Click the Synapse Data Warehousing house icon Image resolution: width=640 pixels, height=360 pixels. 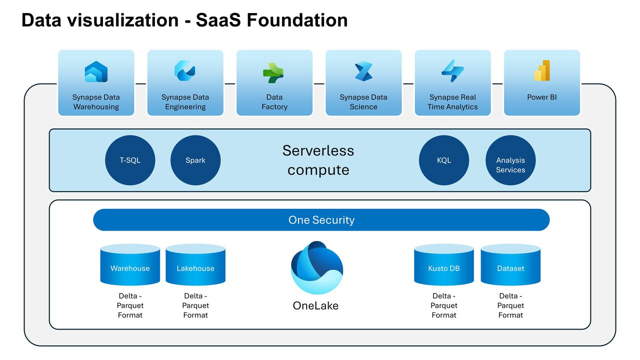tap(96, 71)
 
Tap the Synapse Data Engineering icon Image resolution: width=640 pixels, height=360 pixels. tap(185, 70)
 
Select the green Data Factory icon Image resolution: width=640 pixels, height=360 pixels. tap(273, 73)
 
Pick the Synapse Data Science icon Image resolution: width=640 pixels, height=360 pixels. tap(363, 71)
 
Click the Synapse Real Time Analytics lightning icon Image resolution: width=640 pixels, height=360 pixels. tap(452, 71)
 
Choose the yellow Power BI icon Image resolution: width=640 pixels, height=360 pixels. tap(542, 70)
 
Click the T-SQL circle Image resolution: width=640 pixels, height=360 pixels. tap(130, 160)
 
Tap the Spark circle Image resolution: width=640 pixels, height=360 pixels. tap(195, 160)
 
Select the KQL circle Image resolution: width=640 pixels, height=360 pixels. tap(444, 160)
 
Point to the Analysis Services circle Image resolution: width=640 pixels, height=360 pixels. tap(510, 160)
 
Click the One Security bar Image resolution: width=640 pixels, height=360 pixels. tap(321, 219)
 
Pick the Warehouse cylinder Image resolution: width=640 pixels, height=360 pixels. tap(130, 264)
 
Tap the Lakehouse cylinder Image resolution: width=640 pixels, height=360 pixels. tap(195, 264)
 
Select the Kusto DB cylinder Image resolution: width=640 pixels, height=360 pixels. tap(444, 264)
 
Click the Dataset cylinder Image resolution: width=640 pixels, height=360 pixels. tap(510, 264)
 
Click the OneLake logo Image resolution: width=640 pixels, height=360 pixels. tap(317, 267)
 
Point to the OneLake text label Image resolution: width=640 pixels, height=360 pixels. tap(315, 305)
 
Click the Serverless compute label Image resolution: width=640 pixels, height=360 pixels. tap(318, 160)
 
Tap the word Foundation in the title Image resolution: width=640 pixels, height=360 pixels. tap(297, 20)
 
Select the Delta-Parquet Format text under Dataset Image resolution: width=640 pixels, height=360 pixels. tap(510, 305)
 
